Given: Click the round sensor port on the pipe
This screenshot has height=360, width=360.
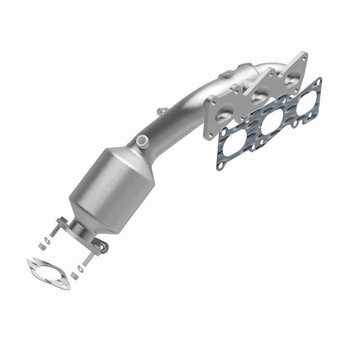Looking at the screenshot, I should tap(142, 140).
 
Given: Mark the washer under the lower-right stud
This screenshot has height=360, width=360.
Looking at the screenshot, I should tap(80, 269).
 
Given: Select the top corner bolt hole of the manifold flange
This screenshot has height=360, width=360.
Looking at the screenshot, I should tap(304, 58).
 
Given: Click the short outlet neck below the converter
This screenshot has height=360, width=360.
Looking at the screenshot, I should tap(81, 227).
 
